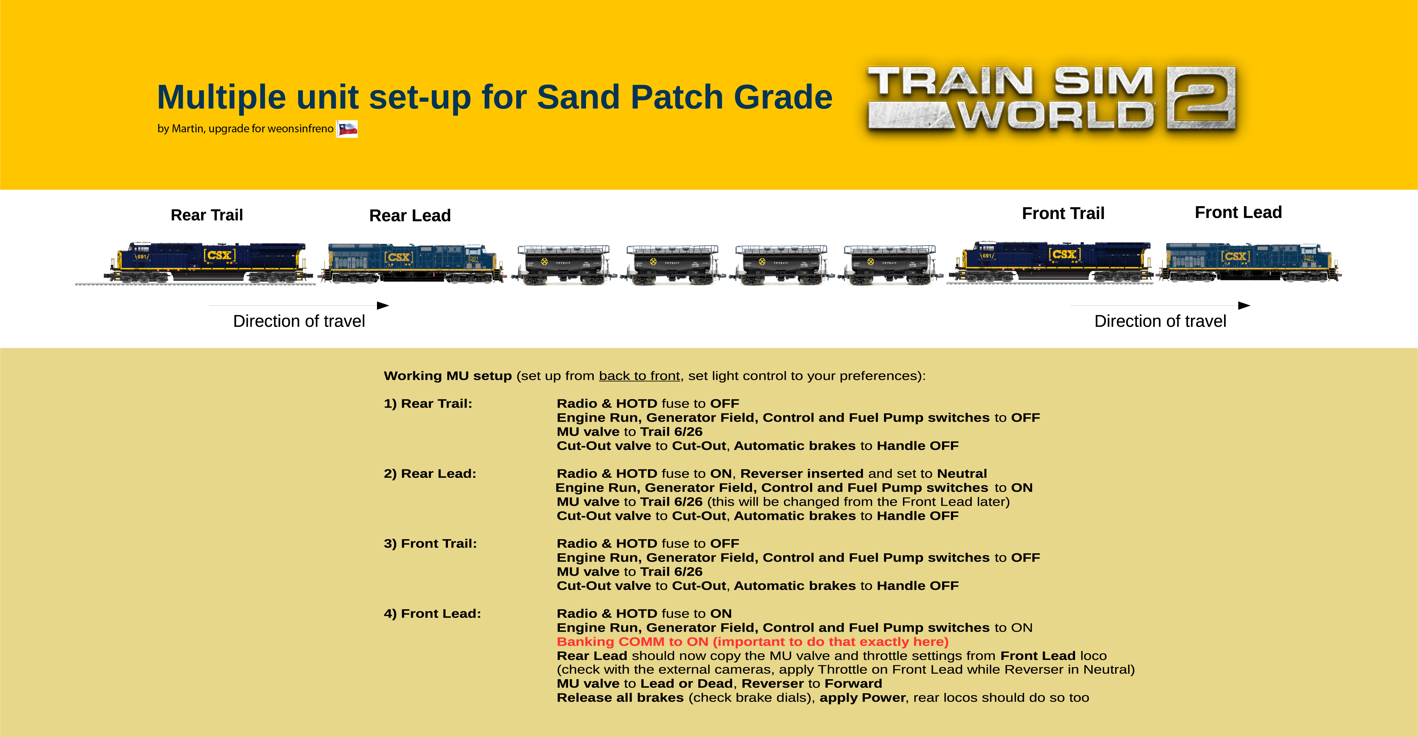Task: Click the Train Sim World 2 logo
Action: (x=1051, y=98)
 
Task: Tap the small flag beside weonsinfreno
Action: (x=347, y=129)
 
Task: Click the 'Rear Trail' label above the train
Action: (x=207, y=215)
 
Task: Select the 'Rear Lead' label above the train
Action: (x=410, y=215)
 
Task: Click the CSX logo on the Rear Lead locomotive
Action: (x=399, y=257)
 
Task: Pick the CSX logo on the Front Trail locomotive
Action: (x=1064, y=254)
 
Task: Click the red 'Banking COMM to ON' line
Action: (x=752, y=642)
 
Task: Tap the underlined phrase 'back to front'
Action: (x=639, y=376)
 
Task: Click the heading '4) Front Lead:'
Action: (x=432, y=614)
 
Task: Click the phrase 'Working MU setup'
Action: (x=448, y=376)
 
